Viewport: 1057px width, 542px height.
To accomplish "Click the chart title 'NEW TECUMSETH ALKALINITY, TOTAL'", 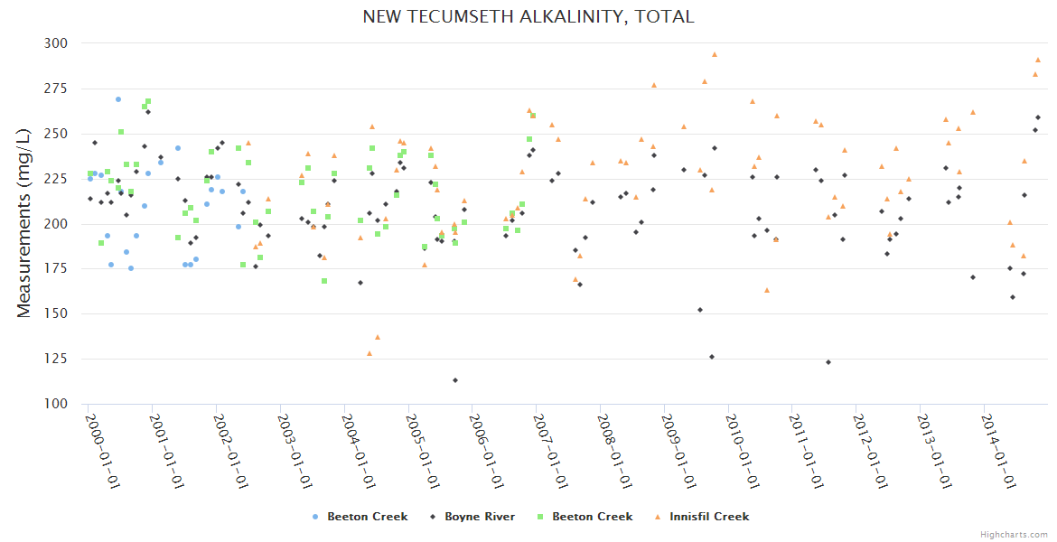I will [x=528, y=16].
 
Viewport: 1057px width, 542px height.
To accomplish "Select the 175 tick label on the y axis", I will [x=56, y=269].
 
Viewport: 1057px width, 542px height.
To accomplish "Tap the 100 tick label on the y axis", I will [x=56, y=404].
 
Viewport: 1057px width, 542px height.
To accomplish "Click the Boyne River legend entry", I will [x=475, y=517].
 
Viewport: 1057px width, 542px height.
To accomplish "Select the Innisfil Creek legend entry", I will [x=701, y=517].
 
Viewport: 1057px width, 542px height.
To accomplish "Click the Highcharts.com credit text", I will [x=1015, y=534].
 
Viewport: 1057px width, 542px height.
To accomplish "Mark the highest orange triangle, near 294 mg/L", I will [x=714, y=54].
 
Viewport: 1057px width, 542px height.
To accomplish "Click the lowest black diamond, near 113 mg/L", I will [x=455, y=380].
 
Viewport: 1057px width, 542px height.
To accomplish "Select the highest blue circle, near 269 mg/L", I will [x=118, y=99].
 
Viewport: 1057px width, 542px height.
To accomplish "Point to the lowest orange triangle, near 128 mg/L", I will [x=369, y=353].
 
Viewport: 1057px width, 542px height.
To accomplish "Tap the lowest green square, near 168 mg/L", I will [x=324, y=281].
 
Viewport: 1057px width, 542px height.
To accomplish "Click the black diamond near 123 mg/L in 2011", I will [x=828, y=362].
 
